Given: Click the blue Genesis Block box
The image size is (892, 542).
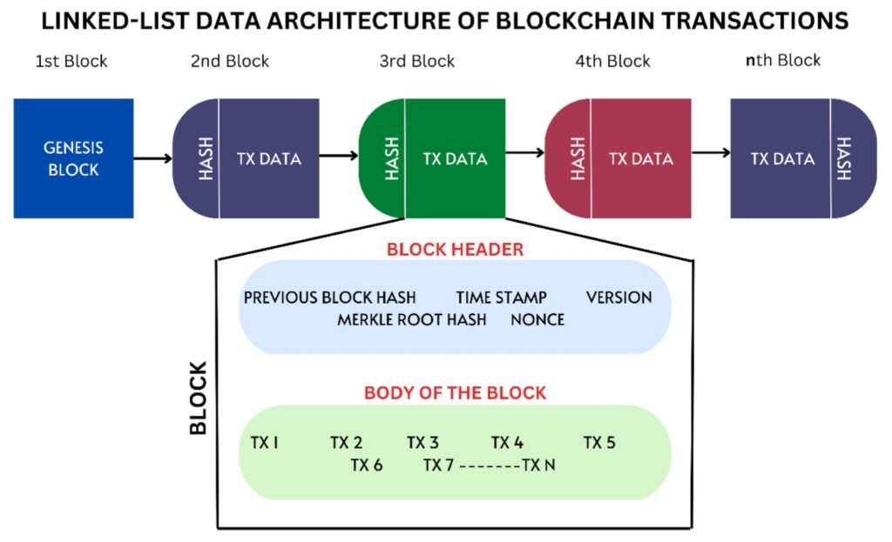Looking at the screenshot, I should tap(73, 158).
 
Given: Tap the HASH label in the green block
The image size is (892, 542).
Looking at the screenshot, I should tap(391, 158).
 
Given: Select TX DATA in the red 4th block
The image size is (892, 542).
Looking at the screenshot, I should tap(641, 158).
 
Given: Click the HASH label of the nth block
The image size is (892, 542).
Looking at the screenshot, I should tap(842, 158).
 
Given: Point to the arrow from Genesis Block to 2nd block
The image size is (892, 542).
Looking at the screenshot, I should tap(153, 158).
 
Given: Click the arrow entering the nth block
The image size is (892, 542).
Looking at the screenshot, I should tap(711, 153).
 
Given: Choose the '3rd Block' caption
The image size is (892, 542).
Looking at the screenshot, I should tap(416, 61).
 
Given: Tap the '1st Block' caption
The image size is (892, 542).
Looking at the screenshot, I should tap(71, 61).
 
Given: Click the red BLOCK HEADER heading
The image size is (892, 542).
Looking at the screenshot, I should tap(455, 250).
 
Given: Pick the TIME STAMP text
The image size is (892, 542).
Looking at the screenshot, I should tap(501, 298).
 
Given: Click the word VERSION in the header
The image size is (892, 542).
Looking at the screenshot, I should tap(618, 298).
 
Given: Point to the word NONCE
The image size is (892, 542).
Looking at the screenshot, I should tap(537, 319).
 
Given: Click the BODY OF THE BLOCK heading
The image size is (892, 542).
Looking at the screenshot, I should tap(455, 393).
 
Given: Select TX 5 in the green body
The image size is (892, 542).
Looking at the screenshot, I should tap(599, 443).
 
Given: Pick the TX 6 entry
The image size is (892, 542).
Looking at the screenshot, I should tap(367, 465).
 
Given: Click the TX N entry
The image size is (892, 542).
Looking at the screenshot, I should tap(538, 465).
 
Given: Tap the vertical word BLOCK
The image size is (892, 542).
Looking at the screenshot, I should tap(199, 397).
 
